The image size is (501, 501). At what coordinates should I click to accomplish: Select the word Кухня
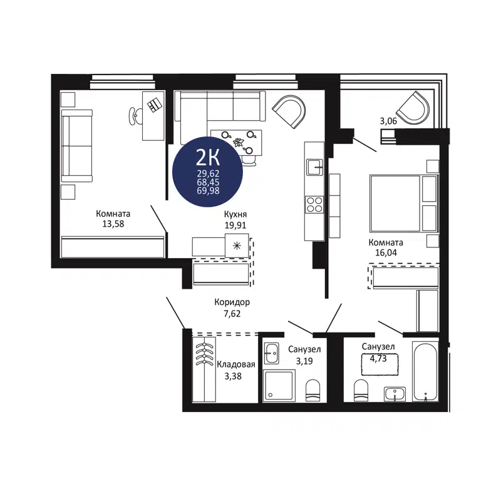pos(235,214)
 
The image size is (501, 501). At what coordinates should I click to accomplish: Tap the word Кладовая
pos(235,365)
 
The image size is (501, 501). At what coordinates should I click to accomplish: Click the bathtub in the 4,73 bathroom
pos(426,373)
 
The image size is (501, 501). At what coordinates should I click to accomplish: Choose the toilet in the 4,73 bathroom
pos(362,390)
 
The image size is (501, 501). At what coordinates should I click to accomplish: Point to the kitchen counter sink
pos(314,167)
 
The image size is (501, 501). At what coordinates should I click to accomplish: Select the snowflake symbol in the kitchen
pos(237,245)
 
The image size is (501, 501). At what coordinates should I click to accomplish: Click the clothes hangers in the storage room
pos(204,356)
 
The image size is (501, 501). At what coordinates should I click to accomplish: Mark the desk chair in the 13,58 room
pos(136,115)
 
